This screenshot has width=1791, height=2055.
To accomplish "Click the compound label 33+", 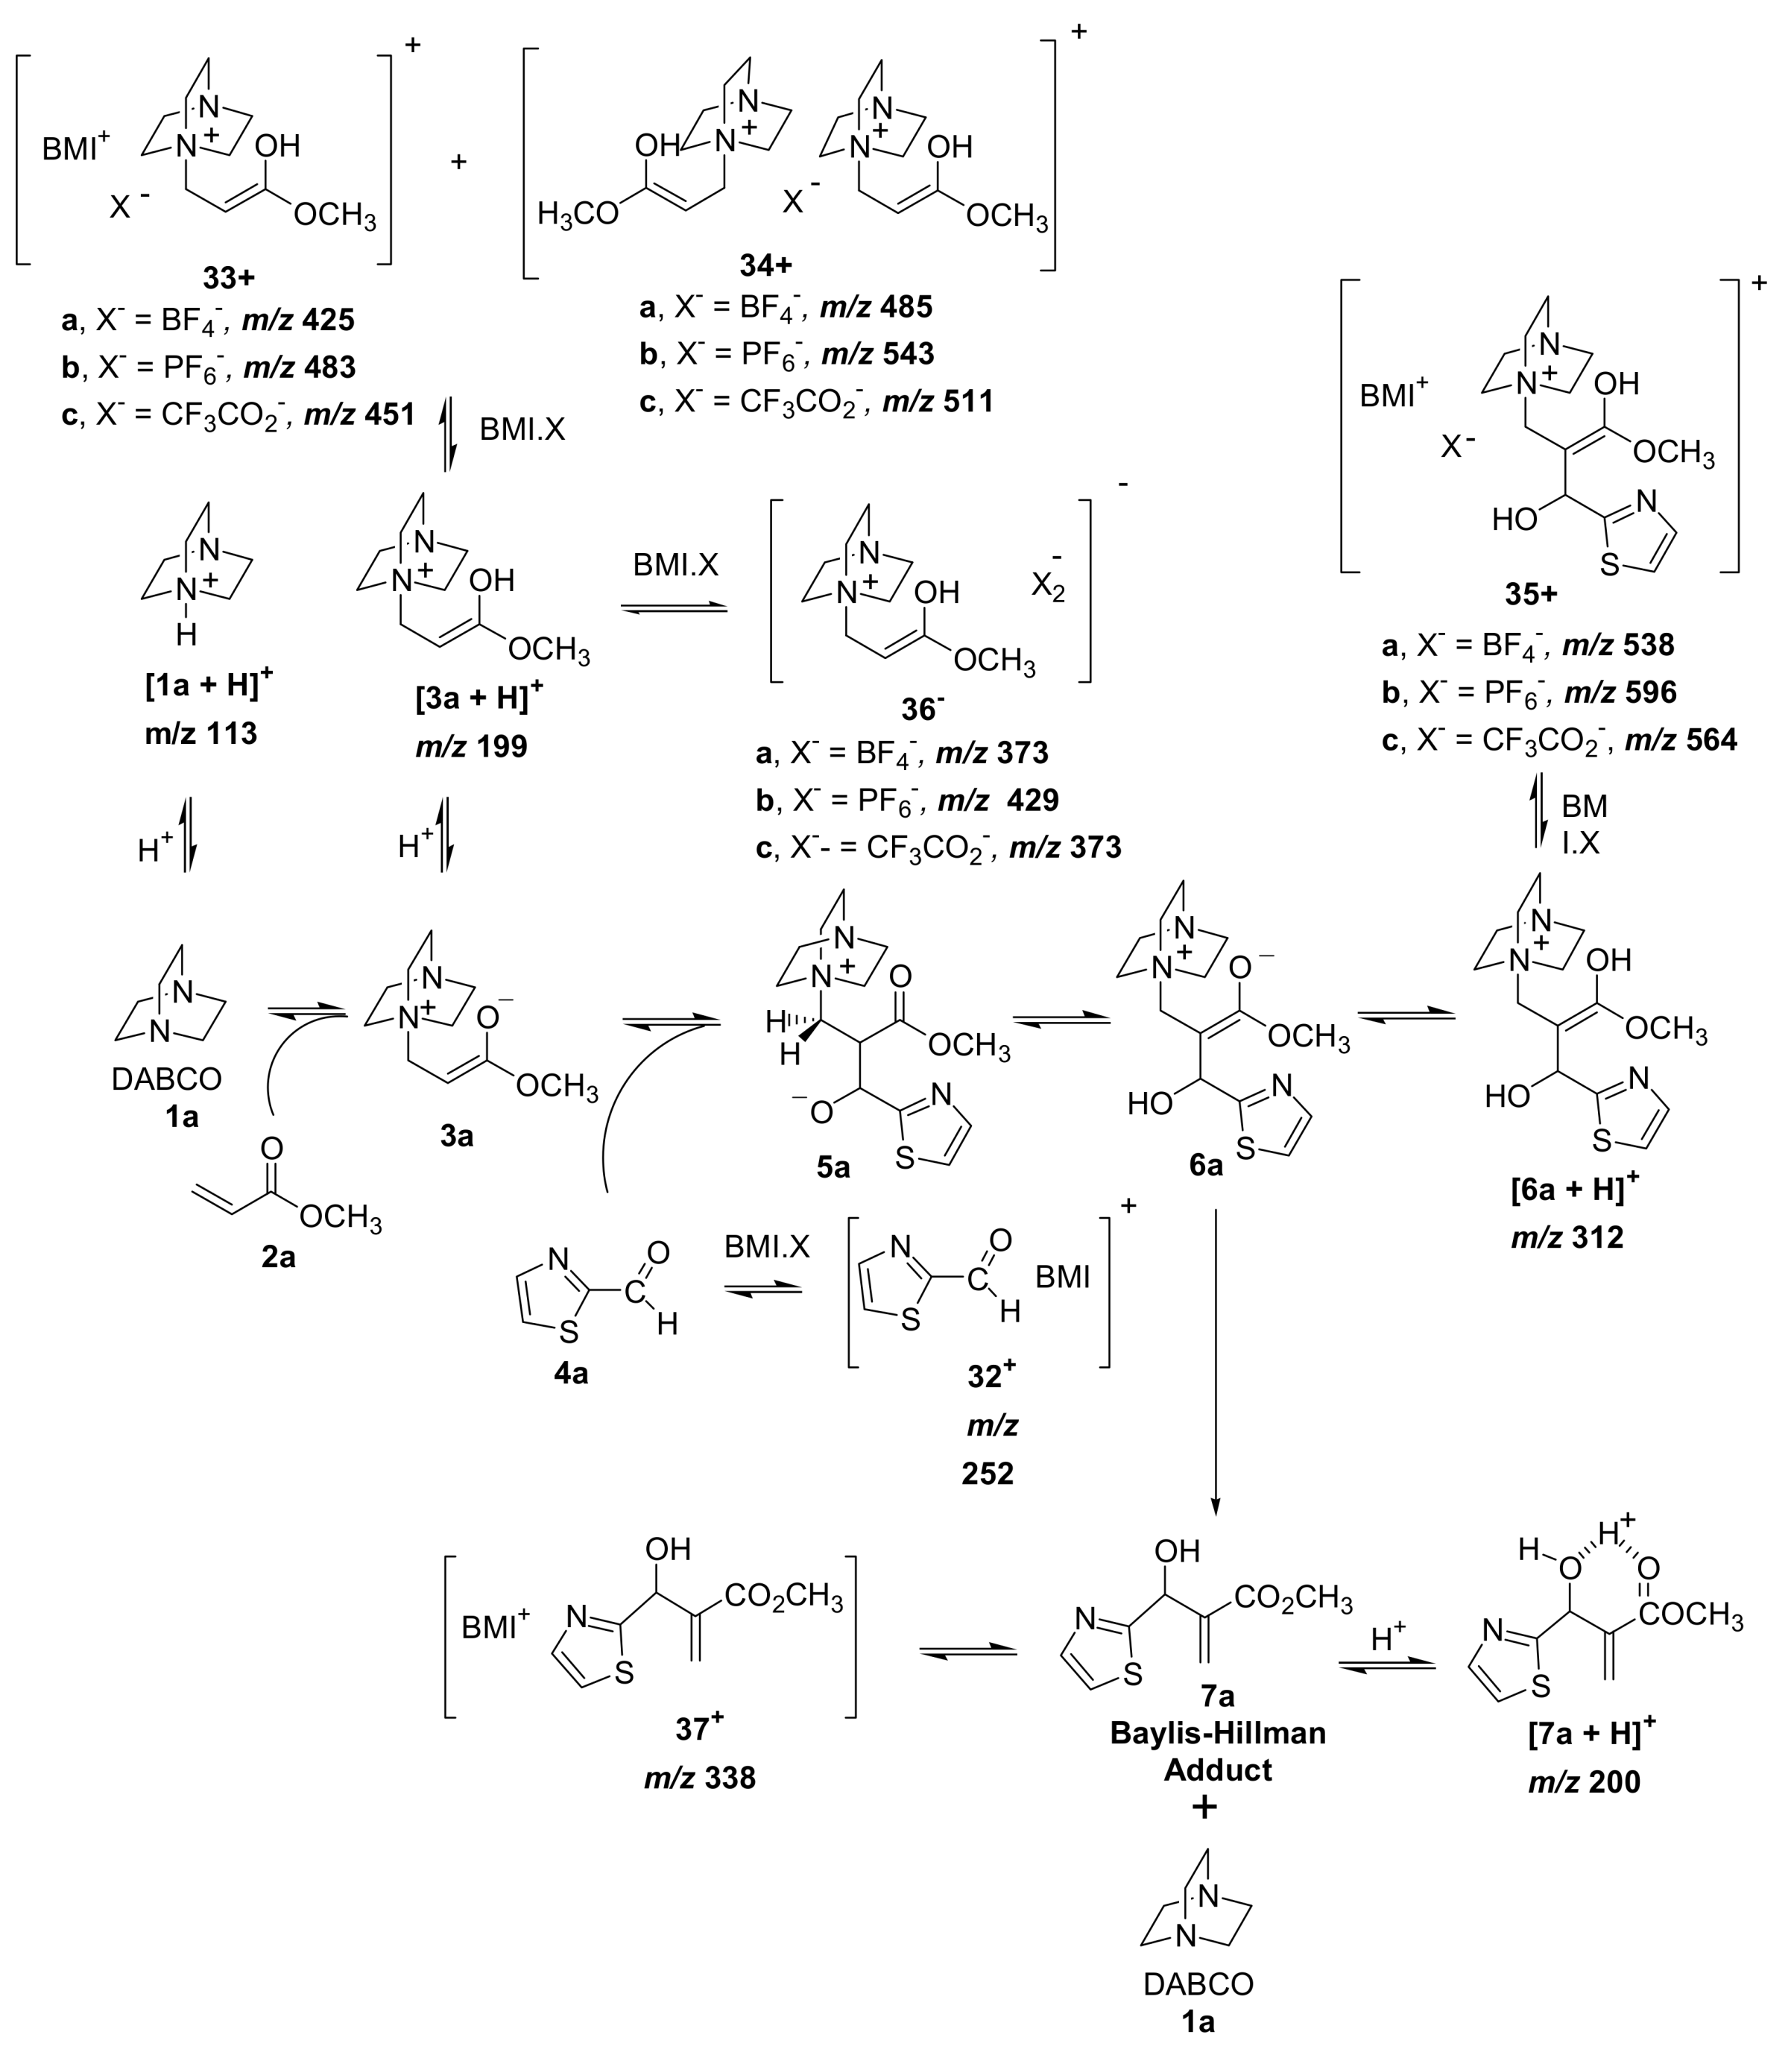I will point(229,277).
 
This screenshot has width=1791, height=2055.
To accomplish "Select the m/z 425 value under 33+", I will point(299,320).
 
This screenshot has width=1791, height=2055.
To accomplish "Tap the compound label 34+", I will point(765,264).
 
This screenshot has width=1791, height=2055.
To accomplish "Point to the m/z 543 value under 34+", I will point(876,354).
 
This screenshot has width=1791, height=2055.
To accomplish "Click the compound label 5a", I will point(833,1167).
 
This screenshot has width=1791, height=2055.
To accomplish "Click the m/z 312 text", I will point(1567,1237).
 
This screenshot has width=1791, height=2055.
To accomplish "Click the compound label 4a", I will point(571,1373).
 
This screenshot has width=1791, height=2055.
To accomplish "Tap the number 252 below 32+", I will point(988,1474).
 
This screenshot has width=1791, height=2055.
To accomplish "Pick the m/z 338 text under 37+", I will point(700,1778).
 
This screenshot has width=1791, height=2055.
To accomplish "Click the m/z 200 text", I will point(1584,1782).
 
